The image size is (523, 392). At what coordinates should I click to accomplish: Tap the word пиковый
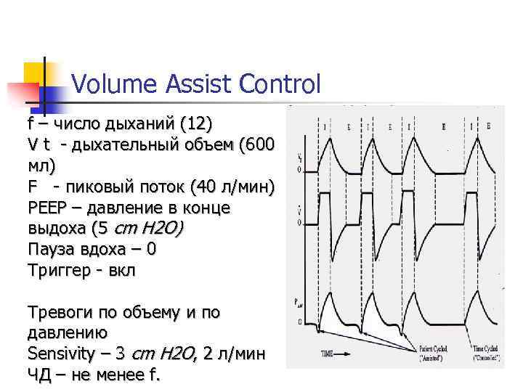(x=99, y=187)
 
